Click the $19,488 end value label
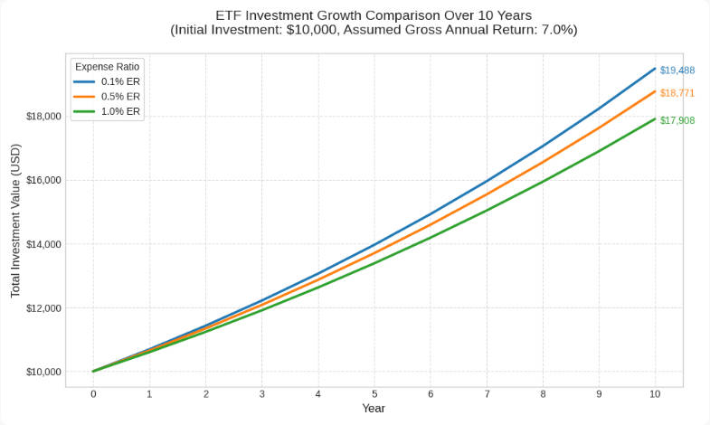677,70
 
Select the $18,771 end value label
677,93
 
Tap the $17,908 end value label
677,120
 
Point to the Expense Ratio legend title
107,66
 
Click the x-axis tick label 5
374,394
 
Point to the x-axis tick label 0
93,394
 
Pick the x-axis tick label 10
655,394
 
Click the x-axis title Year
374,409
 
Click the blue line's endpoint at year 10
655,69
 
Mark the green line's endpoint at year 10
655,119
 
